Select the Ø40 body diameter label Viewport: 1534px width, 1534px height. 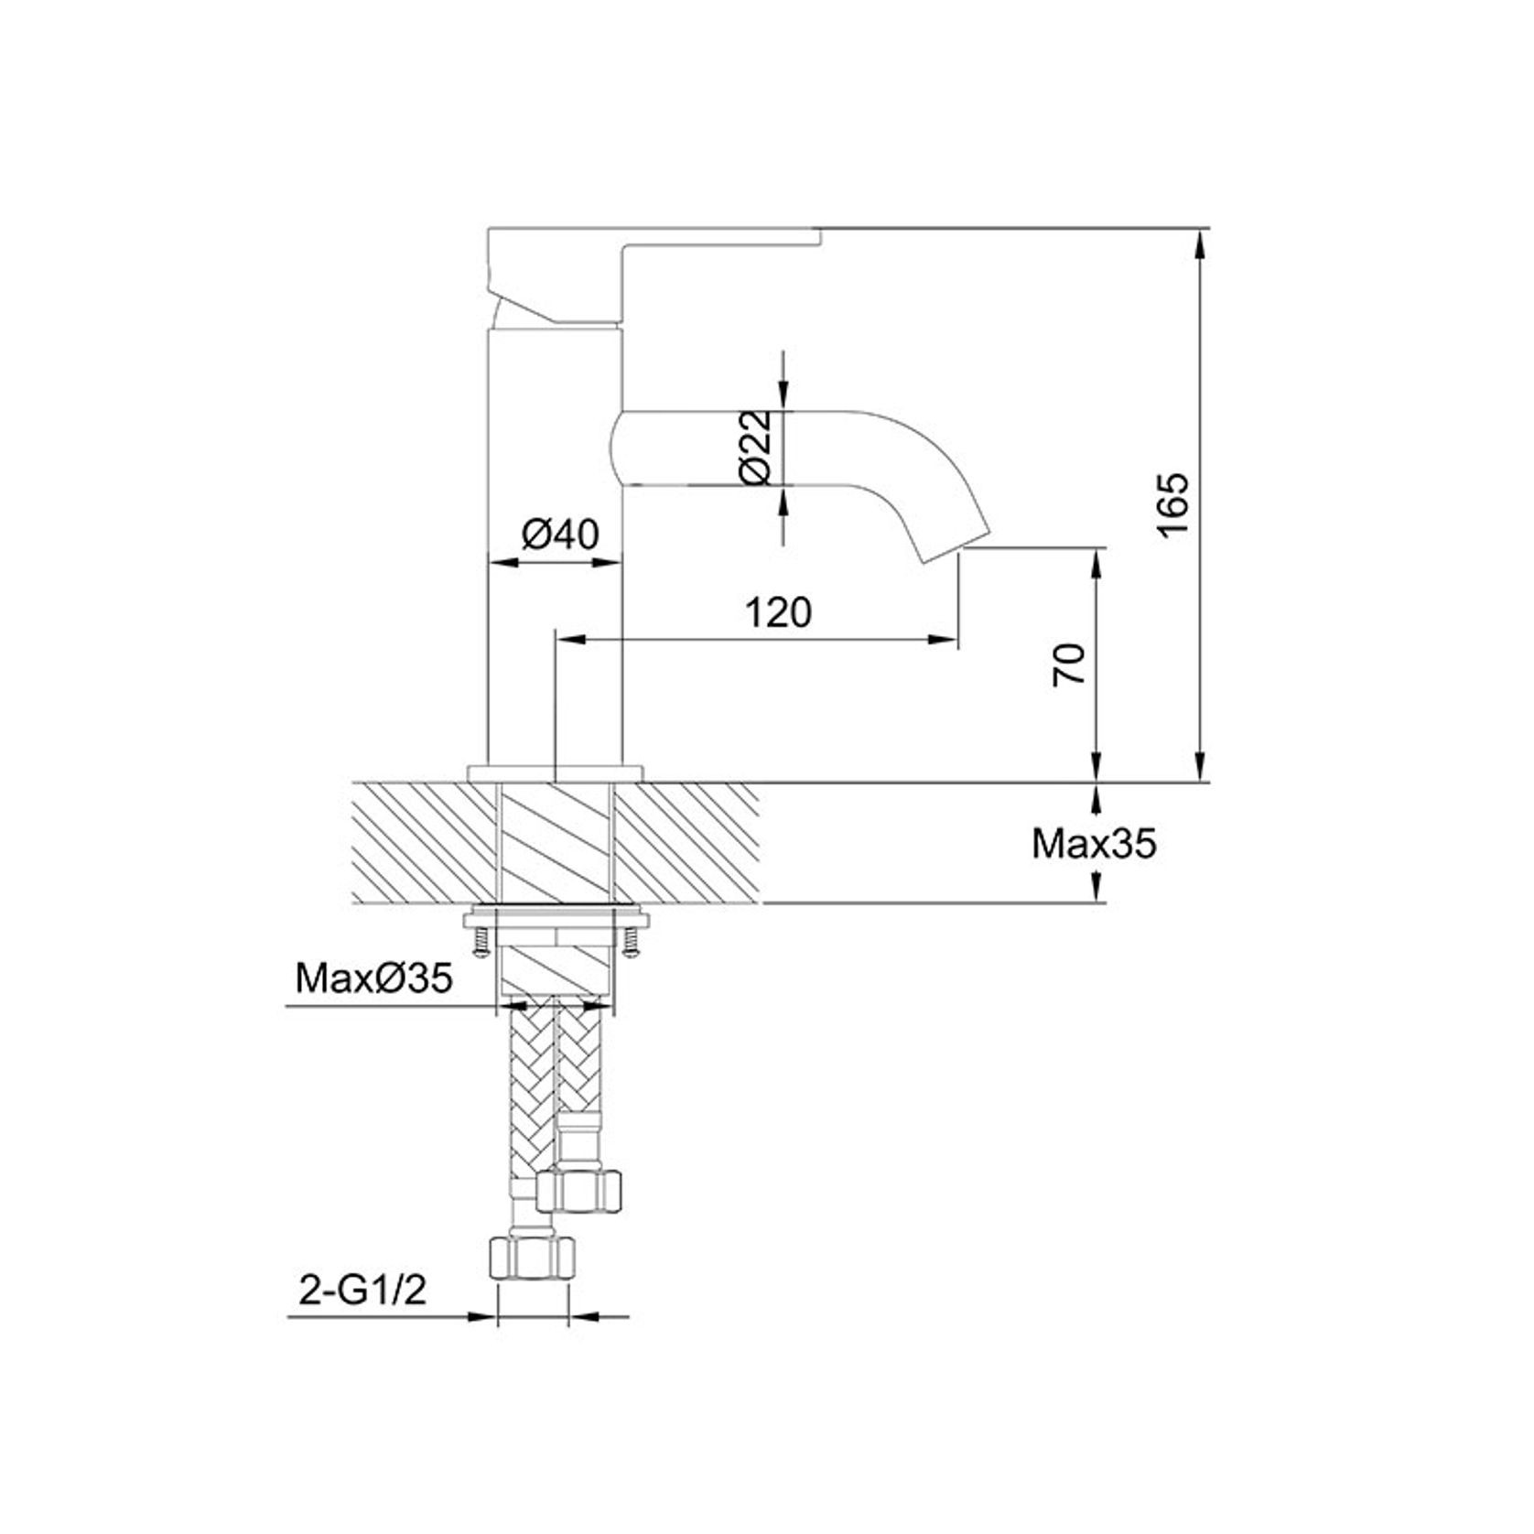click(x=560, y=534)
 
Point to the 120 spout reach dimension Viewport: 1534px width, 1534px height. click(x=778, y=612)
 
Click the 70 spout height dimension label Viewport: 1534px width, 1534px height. click(x=1070, y=664)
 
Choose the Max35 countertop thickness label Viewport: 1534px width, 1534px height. click(x=1094, y=844)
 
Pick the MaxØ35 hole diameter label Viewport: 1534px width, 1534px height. click(x=373, y=979)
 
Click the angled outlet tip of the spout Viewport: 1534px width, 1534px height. click(x=956, y=544)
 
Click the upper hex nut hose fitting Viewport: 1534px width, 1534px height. click(x=580, y=1188)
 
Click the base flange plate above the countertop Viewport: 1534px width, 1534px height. click(x=555, y=773)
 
